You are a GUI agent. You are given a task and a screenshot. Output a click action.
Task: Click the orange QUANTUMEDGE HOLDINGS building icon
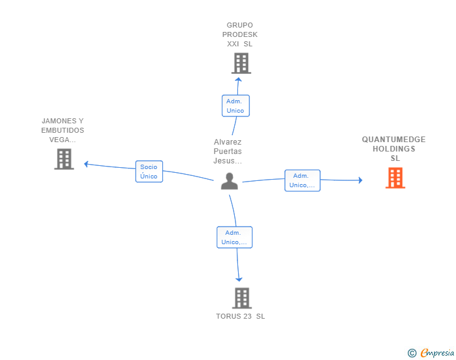pyautogui.click(x=395, y=178)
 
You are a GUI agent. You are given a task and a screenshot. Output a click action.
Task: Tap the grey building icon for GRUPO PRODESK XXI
pyautogui.click(x=241, y=63)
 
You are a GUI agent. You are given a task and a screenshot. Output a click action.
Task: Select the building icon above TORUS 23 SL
pyautogui.click(x=242, y=298)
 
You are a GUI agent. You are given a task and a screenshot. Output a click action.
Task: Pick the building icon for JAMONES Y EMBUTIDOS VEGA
pyautogui.click(x=64, y=159)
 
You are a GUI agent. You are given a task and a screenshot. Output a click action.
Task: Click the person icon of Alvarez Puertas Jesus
pyautogui.click(x=230, y=181)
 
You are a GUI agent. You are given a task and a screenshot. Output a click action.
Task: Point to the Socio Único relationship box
pyautogui.click(x=149, y=172)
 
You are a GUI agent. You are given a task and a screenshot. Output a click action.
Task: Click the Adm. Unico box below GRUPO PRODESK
pyautogui.click(x=236, y=106)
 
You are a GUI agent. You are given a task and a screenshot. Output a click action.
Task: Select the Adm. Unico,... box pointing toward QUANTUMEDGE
pyautogui.click(x=302, y=180)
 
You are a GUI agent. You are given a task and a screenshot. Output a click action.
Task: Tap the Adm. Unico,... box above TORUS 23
pyautogui.click(x=234, y=237)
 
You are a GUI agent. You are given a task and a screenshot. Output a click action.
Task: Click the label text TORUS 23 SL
pyautogui.click(x=241, y=316)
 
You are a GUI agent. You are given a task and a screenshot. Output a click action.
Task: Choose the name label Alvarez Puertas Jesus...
pyautogui.click(x=227, y=152)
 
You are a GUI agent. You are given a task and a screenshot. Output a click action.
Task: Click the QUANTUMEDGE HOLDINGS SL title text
pyautogui.click(x=394, y=149)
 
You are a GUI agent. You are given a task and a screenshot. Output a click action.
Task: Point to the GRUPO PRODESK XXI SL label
pyautogui.click(x=240, y=34)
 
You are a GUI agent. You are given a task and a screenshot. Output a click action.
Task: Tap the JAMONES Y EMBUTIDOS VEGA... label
pyautogui.click(x=63, y=130)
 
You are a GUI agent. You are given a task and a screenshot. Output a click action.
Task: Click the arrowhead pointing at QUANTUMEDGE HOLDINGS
pyautogui.click(x=360, y=180)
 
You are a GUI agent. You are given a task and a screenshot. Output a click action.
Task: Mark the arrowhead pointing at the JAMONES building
pyautogui.click(x=86, y=164)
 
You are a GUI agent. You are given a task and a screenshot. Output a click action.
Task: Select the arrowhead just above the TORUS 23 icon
pyautogui.click(x=239, y=280)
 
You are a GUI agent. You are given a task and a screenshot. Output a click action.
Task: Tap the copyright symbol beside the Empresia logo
pyautogui.click(x=412, y=353)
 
